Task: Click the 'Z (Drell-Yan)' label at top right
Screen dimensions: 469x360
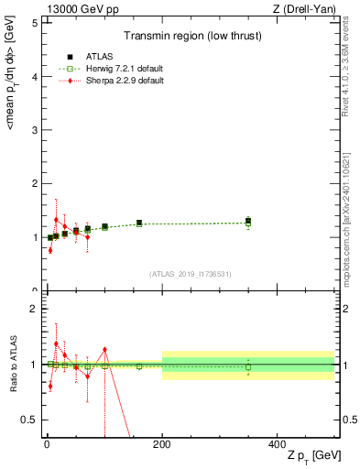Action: (307, 8)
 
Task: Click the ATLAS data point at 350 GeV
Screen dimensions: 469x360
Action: (248, 220)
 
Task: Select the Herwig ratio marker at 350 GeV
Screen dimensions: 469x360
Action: (248, 366)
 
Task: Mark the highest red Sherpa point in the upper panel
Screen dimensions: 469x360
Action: (56, 220)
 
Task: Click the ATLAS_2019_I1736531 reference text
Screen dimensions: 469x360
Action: (190, 274)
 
